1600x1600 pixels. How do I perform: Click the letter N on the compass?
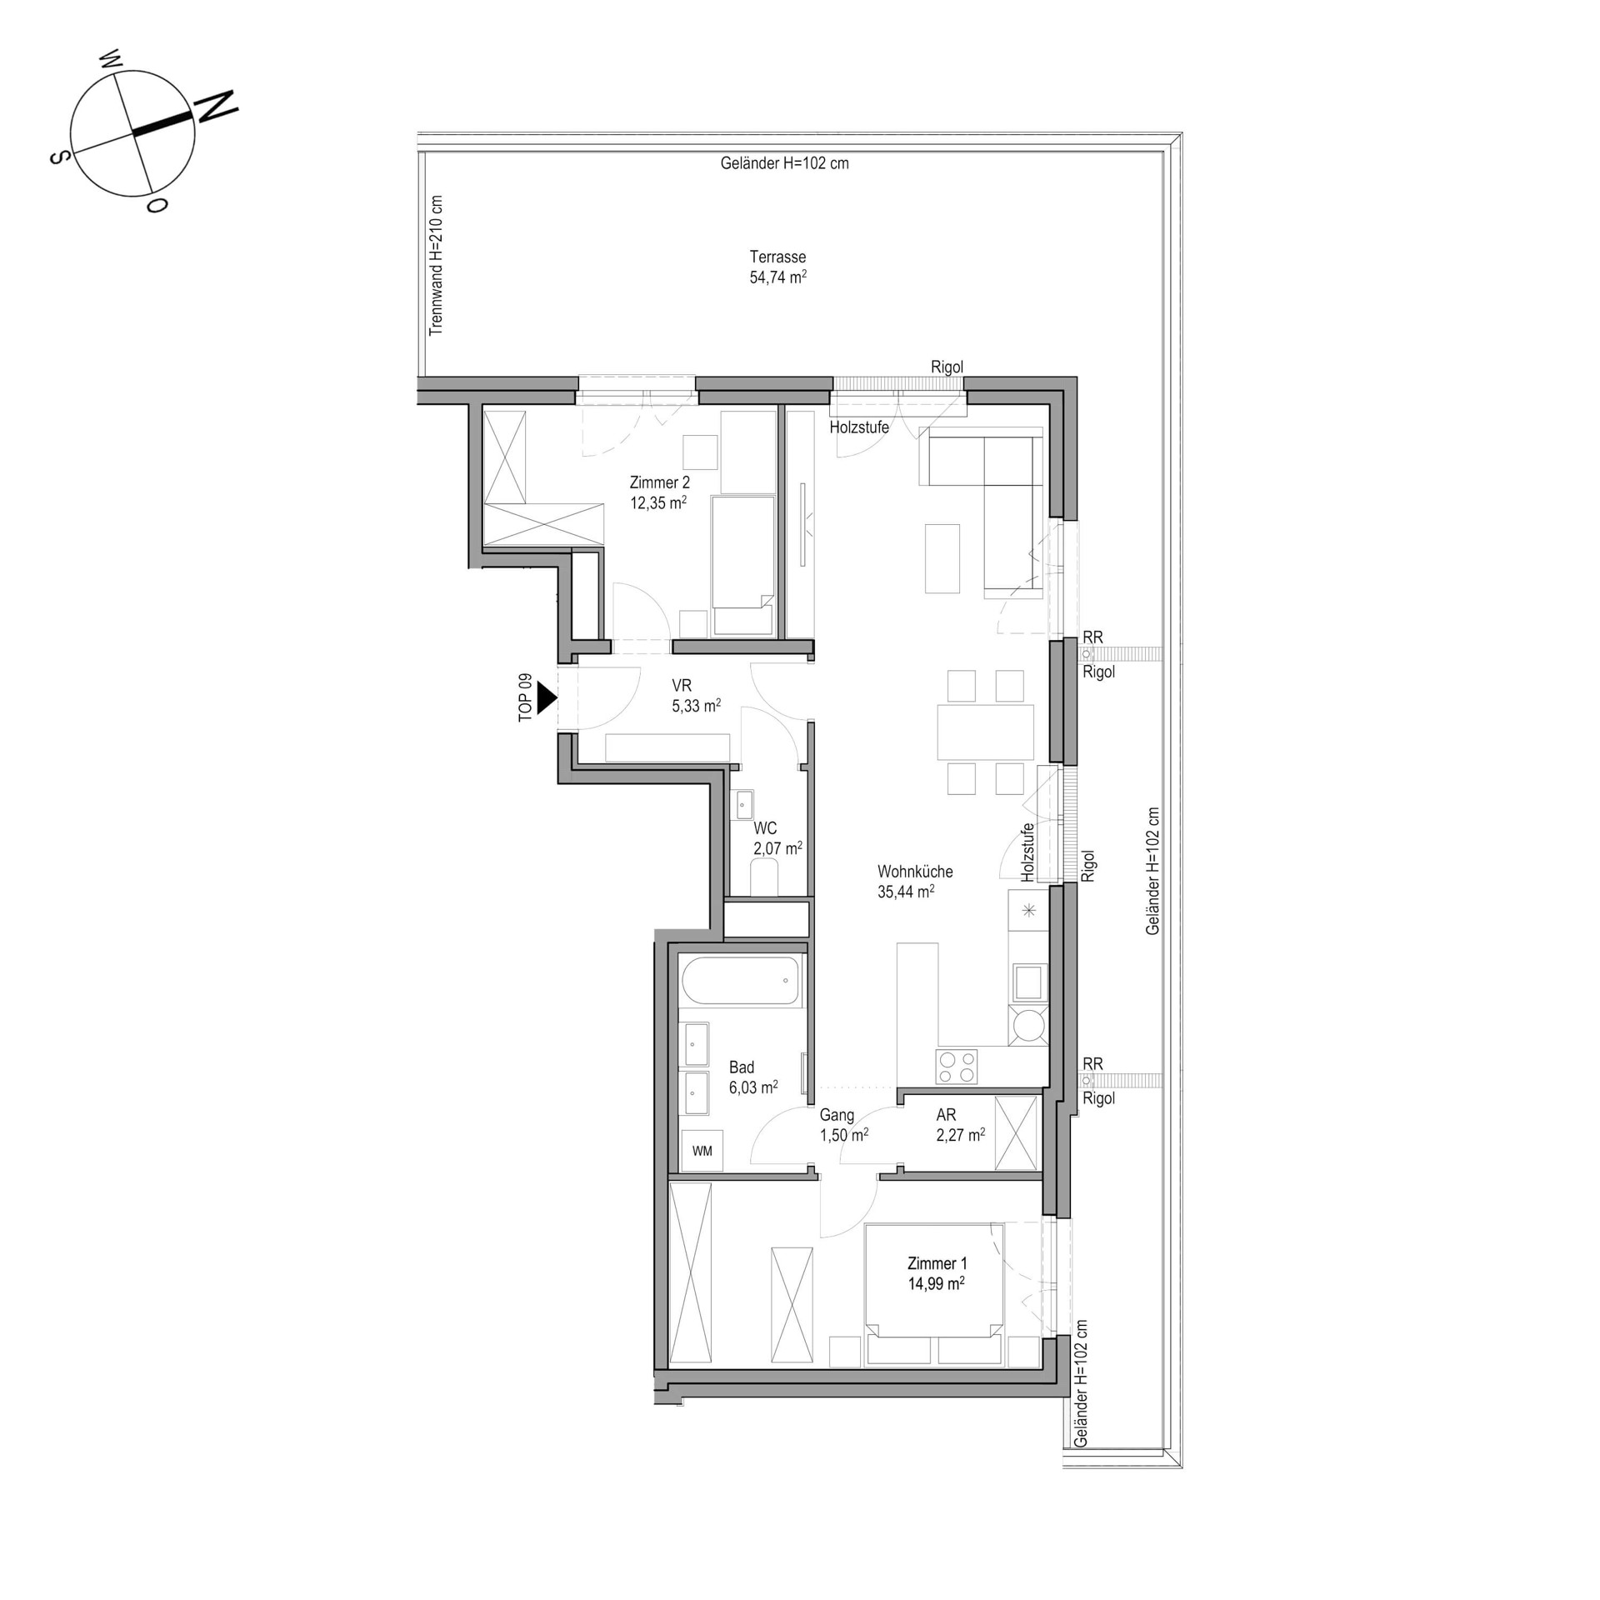(215, 107)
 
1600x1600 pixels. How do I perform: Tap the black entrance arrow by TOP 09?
(547, 697)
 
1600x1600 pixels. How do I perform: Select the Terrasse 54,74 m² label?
(777, 267)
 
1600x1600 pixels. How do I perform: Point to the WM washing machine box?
(702, 1151)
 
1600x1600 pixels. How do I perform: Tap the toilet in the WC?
(764, 878)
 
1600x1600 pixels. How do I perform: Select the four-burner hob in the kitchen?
(957, 1067)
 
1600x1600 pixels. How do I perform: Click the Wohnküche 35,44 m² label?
(914, 882)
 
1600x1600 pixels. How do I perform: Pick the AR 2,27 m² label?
(960, 1124)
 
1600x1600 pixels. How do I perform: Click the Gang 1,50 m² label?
(843, 1124)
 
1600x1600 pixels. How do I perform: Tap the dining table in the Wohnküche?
(985, 732)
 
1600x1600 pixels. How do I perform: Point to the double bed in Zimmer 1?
(934, 1292)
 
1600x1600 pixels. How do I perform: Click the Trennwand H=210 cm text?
(436, 266)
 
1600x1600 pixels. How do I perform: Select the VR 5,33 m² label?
(695, 696)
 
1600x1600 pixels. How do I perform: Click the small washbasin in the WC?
(744, 805)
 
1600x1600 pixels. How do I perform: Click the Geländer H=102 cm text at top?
(784, 163)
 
